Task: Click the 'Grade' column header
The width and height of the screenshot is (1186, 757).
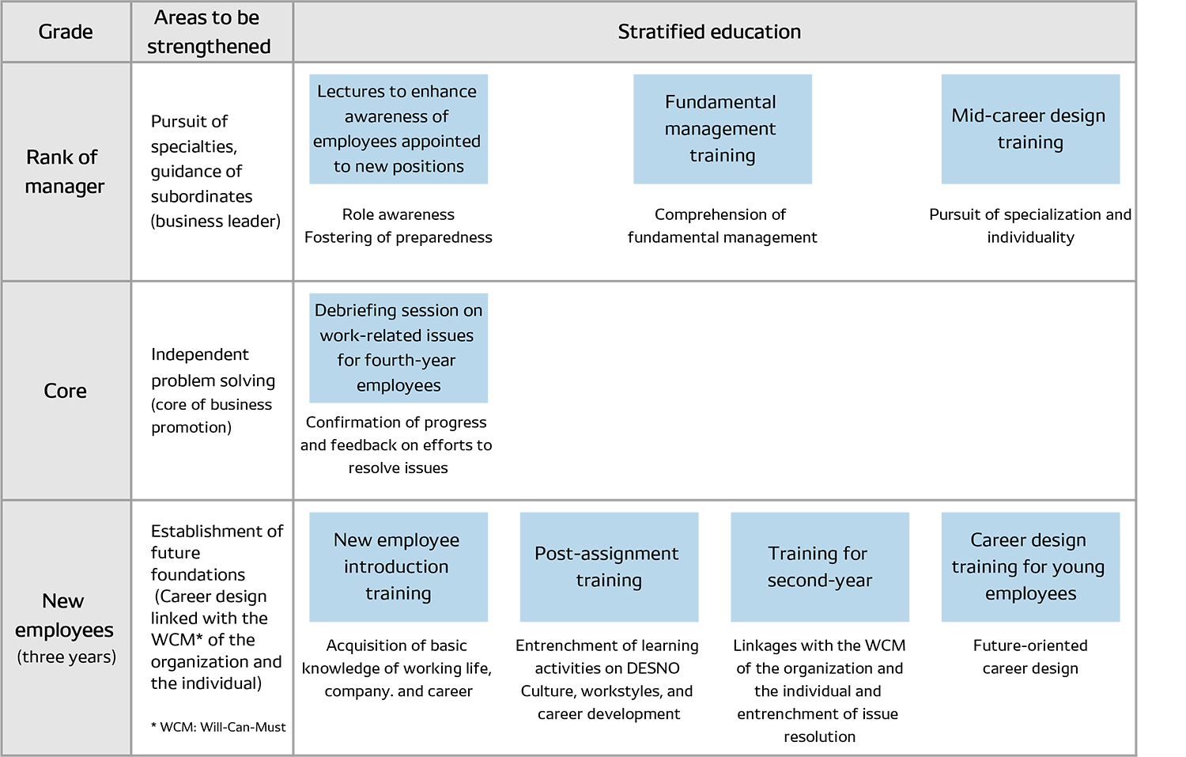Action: [66, 32]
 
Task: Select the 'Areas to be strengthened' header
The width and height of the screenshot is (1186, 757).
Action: [209, 32]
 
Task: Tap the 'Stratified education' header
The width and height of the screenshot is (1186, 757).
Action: [709, 32]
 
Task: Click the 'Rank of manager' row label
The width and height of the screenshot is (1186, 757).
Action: [64, 172]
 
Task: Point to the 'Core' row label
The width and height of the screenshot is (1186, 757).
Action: [65, 391]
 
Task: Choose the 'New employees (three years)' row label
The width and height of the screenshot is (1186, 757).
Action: [66, 628]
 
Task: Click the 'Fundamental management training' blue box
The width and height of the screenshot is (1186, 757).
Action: [722, 129]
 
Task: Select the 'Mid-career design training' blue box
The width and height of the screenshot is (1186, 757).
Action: [1029, 129]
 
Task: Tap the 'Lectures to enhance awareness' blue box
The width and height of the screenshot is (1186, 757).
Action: [398, 129]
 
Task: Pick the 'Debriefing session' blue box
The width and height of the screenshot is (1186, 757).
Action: [398, 348]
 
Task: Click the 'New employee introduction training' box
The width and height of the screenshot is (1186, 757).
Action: [398, 566]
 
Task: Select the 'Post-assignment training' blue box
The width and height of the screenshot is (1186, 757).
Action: [608, 566]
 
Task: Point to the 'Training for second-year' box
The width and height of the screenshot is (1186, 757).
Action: [819, 566]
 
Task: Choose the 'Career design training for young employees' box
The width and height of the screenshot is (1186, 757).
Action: [1029, 566]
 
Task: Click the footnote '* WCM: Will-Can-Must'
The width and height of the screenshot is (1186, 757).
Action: [218, 727]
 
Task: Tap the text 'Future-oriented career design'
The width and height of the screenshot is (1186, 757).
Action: [1029, 657]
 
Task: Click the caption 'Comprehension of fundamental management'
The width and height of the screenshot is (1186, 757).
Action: [722, 225]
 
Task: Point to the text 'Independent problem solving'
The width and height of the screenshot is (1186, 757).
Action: [213, 368]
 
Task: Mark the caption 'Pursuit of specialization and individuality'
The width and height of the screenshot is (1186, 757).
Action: [1029, 225]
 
